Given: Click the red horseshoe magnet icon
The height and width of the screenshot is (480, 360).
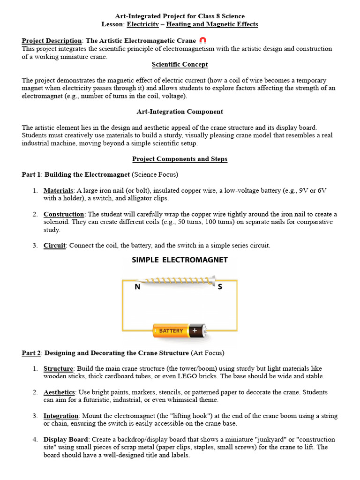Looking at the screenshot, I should click(202, 41).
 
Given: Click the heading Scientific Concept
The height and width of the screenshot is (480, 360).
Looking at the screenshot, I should click(180, 64).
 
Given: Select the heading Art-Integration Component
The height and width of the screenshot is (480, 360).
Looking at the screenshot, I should click(180, 112).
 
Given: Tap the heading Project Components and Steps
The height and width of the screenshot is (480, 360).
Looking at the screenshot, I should click(180, 159).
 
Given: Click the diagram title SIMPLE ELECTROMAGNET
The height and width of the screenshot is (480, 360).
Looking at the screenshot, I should click(180, 260).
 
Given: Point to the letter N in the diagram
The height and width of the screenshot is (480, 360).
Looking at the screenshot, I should click(138, 287).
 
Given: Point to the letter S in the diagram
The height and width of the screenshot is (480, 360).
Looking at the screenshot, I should click(220, 287).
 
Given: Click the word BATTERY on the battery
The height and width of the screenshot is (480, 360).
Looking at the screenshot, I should click(171, 331).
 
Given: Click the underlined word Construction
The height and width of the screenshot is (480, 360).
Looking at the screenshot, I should click(64, 214).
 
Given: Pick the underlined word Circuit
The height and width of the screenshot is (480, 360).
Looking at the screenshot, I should click(54, 246).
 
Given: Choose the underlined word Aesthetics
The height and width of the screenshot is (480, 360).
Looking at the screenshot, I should click(59, 392).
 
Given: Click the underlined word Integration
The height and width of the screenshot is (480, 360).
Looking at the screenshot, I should click(61, 416).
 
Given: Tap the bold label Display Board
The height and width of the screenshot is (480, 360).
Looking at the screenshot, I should click(66, 440).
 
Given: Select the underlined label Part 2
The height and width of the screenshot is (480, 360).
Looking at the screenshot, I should click(31, 352).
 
